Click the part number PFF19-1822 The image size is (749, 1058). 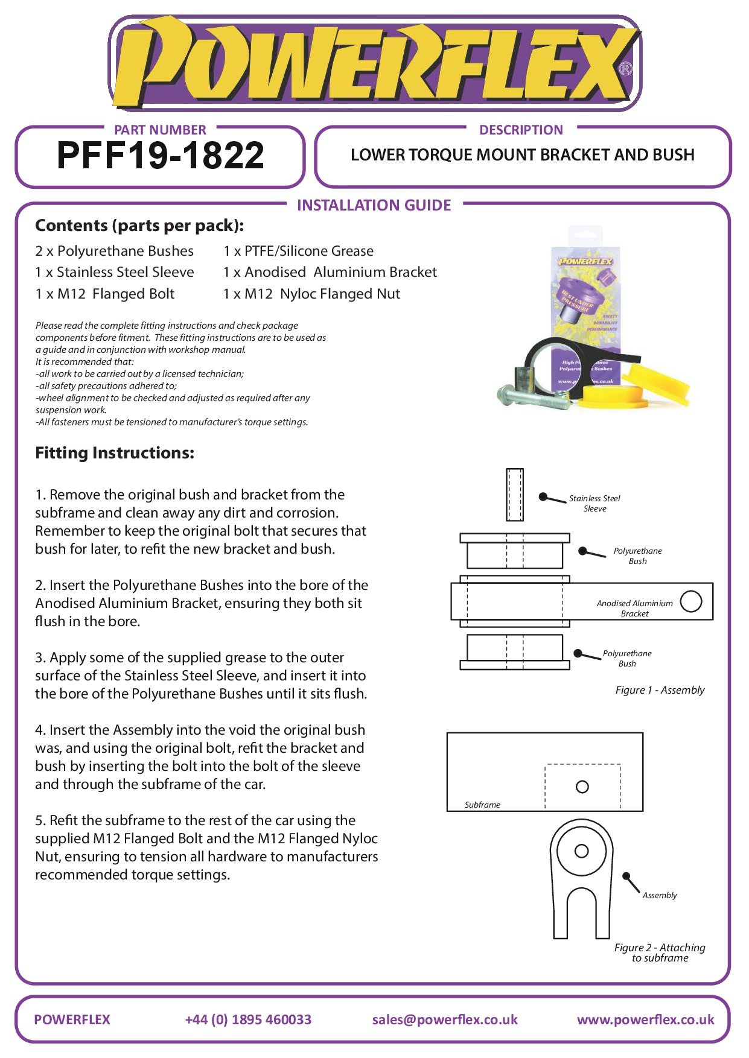point(161,156)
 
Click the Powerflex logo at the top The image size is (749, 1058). point(374,63)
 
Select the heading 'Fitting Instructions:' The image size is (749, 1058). point(115,453)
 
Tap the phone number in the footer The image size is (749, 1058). point(248,1019)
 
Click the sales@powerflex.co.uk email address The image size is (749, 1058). point(445,1019)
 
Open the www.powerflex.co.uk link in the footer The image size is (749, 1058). point(645,1019)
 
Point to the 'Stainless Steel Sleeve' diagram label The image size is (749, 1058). point(594,503)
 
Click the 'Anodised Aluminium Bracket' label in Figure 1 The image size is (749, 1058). point(634,608)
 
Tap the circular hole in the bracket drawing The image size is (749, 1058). point(690,601)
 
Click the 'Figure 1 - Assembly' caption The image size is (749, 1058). point(660,690)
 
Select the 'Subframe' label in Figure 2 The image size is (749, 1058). point(482,805)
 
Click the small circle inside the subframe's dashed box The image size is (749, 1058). point(582,787)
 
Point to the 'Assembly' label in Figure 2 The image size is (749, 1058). point(660,895)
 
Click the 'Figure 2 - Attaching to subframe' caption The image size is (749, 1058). point(660,952)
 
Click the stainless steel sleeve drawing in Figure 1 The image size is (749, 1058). point(515,495)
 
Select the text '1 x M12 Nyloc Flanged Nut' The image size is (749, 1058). point(311,294)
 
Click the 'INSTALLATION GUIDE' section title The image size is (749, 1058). point(374,206)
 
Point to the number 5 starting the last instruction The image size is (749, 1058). point(39,820)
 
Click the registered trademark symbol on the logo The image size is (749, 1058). point(626,69)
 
